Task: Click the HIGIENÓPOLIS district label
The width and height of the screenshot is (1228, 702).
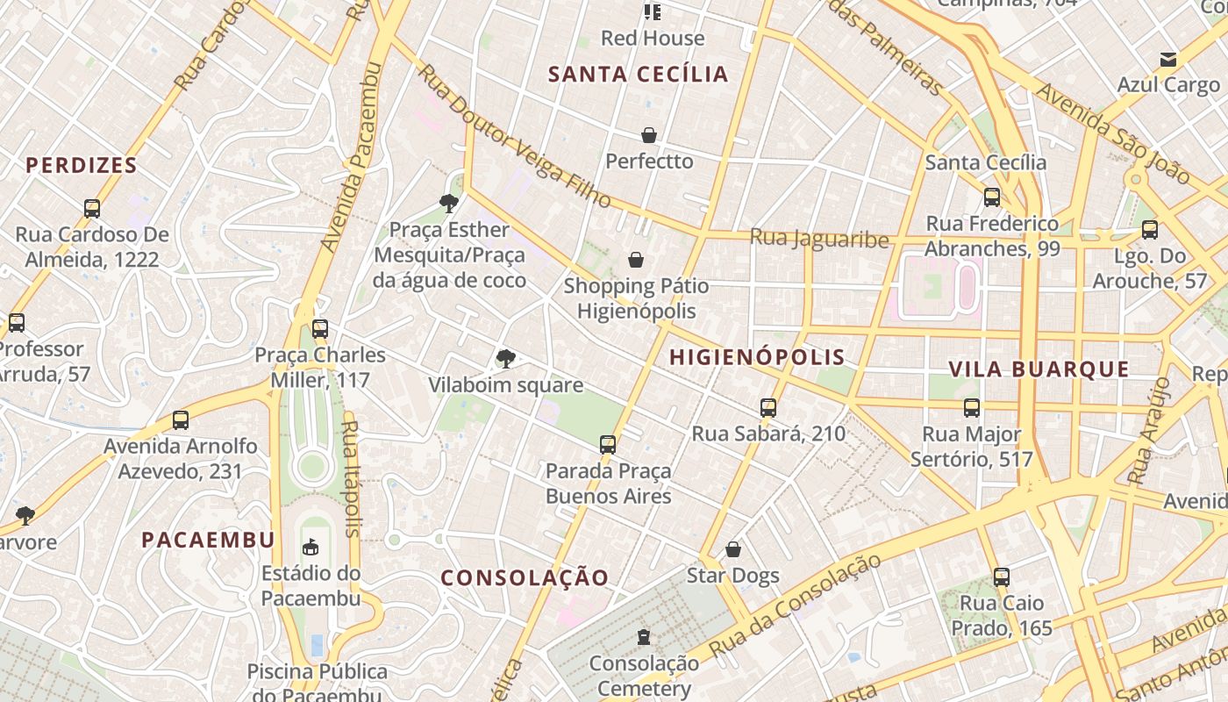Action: pos(757,357)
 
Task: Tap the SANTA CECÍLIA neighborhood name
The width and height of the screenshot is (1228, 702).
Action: pos(639,75)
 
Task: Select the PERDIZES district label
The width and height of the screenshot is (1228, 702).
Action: pos(82,165)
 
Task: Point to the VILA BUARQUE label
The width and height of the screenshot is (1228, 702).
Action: pos(1039,369)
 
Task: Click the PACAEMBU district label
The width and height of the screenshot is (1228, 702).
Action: pos(209,540)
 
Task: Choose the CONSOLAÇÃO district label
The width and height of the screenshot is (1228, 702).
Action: pos(525,577)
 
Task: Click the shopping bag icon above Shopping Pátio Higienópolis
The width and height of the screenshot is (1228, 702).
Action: pos(636,260)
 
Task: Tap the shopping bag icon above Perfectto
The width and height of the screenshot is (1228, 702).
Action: pos(649,135)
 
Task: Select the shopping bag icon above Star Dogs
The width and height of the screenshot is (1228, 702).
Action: pos(733,549)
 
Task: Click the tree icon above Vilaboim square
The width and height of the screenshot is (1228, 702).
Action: pos(505,358)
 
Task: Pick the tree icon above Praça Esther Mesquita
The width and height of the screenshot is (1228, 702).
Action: pos(449,204)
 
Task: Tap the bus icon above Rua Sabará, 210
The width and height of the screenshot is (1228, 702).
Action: pos(768,407)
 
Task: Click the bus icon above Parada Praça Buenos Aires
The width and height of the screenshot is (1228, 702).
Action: pos(608,444)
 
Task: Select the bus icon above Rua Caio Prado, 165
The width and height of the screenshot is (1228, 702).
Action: pos(1002,577)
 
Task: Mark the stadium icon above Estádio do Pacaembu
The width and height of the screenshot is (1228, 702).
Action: pos(311,548)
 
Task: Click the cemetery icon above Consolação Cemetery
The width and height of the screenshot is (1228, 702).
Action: pos(644,636)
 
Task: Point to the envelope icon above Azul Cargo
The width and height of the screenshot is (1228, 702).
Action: pos(1168,60)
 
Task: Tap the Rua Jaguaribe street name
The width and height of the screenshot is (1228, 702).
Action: pos(819,239)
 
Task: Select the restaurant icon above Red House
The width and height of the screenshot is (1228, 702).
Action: pos(653,11)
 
